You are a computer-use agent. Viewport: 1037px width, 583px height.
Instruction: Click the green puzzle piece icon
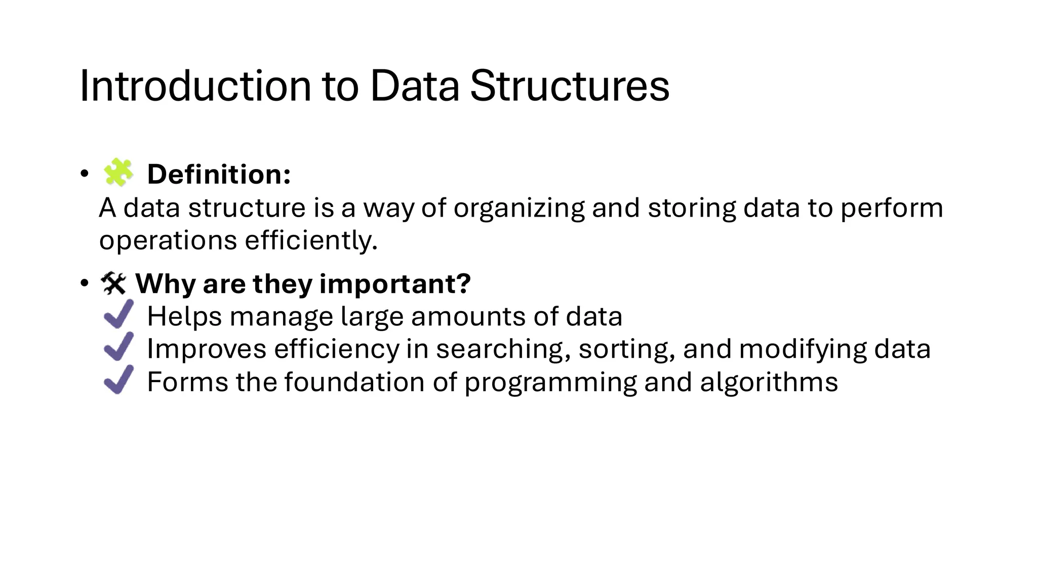[118, 173]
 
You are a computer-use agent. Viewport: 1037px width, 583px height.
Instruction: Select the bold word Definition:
[219, 175]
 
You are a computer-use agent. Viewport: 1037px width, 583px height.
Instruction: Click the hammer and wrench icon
[113, 283]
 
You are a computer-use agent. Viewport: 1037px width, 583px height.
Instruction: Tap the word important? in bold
[395, 283]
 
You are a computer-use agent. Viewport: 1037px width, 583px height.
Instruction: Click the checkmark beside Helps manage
[119, 314]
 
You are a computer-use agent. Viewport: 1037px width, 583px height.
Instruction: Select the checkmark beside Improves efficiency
[119, 347]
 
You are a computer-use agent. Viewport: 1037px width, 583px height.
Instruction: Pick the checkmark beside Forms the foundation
[119, 380]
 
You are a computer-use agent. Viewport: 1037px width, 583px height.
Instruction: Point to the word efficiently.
[311, 240]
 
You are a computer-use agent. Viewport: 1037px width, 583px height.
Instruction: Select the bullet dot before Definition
[84, 174]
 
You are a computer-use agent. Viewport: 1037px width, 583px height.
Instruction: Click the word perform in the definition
[892, 208]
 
